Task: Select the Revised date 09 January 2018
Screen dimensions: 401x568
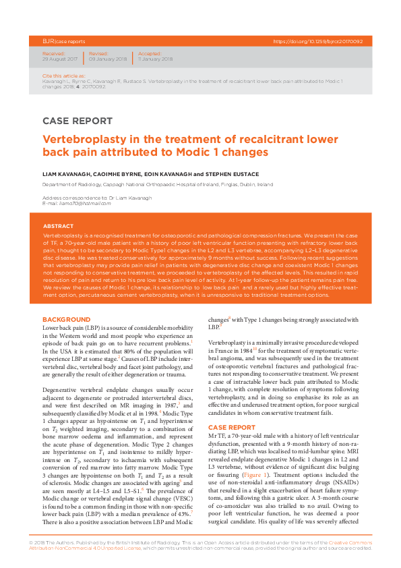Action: coord(108,59)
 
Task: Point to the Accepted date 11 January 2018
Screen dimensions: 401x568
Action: coord(156,59)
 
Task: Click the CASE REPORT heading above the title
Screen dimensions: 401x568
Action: coord(78,121)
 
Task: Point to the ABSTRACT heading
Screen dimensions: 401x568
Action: coord(59,226)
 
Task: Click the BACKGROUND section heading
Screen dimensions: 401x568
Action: coord(66,319)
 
